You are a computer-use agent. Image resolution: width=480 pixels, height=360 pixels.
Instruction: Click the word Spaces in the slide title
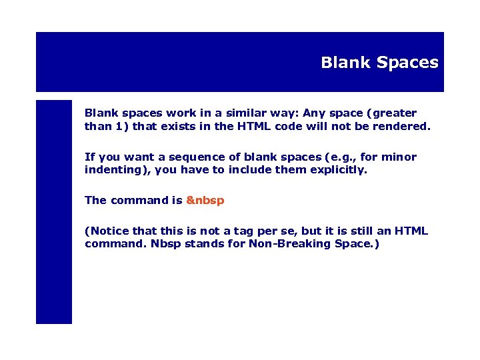point(407,63)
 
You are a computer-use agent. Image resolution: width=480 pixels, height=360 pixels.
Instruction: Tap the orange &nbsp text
point(205,200)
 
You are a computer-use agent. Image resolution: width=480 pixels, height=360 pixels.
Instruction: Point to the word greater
point(393,113)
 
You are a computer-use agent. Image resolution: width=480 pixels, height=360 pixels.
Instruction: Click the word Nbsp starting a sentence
point(165,243)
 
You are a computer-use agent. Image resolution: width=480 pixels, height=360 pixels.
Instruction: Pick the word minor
point(399,157)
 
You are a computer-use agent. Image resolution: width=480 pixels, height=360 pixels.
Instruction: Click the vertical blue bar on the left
point(53,212)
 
